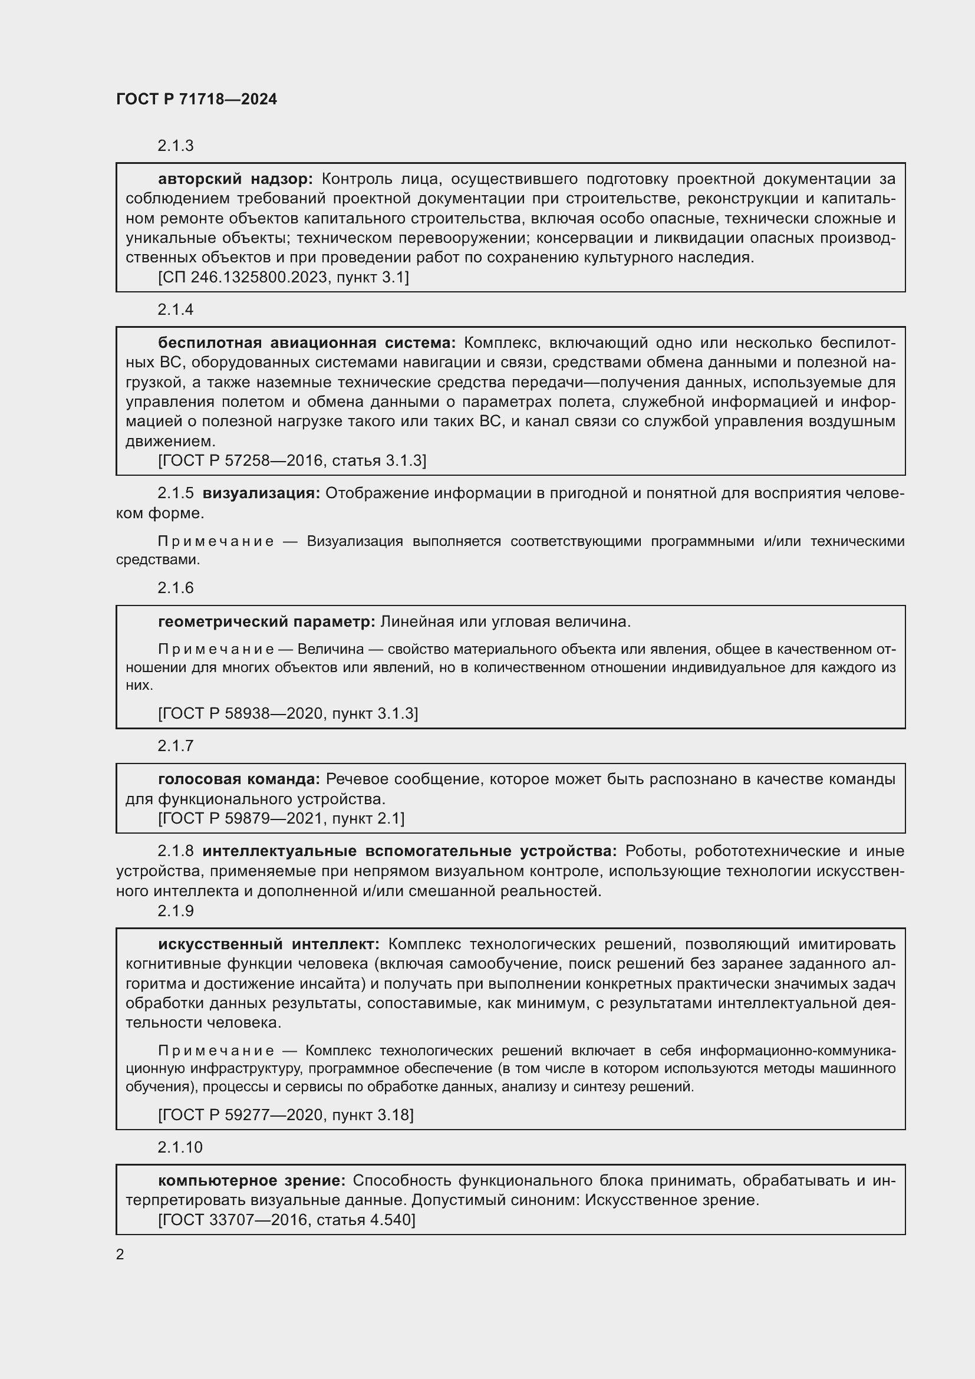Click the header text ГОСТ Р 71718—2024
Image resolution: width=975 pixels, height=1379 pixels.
(x=196, y=99)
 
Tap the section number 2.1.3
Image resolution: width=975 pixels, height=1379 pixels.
(x=175, y=146)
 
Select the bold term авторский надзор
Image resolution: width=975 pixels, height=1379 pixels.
(x=235, y=179)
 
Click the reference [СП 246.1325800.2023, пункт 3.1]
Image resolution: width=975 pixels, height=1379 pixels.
(x=284, y=277)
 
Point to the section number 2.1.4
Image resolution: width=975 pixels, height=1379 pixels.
(x=175, y=310)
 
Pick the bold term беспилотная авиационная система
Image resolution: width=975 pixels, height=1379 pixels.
(x=306, y=343)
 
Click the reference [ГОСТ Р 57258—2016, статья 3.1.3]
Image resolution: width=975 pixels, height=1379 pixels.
(x=292, y=460)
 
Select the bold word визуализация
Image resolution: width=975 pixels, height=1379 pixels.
(x=261, y=493)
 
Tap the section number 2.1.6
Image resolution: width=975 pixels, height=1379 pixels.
(x=175, y=587)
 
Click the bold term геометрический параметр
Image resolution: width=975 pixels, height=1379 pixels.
(x=266, y=621)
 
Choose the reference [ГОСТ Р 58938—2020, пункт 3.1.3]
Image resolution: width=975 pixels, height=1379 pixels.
(x=288, y=713)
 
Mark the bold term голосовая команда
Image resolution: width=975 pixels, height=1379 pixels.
(x=239, y=779)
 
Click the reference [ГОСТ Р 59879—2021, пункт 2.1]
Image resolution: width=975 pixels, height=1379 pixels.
(x=281, y=818)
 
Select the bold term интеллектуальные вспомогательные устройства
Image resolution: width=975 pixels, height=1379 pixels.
(x=410, y=851)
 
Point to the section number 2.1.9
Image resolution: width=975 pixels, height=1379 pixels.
(x=175, y=910)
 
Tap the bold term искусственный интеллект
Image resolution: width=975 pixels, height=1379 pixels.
(x=268, y=943)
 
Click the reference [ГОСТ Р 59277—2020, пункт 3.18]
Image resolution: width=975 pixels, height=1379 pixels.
(x=286, y=1115)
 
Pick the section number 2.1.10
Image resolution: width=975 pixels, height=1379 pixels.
(x=180, y=1147)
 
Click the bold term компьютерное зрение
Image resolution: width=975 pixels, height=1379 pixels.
(x=252, y=1180)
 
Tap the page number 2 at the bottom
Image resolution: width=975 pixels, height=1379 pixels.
(x=120, y=1254)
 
